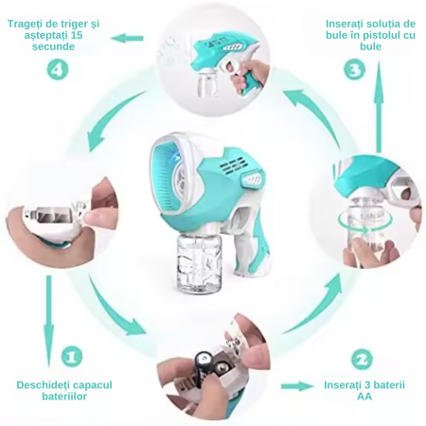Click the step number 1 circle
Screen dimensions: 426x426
tap(72, 357)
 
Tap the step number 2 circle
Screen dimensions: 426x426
tap(362, 360)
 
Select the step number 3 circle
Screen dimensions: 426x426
tap(354, 70)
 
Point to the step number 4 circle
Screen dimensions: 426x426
tap(58, 69)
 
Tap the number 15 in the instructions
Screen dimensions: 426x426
tap(77, 35)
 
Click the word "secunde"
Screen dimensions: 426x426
tap(53, 46)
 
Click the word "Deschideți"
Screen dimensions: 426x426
tap(41, 385)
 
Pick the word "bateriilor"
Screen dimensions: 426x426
tap(64, 397)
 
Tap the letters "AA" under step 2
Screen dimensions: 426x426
tap(364, 397)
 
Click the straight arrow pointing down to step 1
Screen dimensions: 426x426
tap(48, 321)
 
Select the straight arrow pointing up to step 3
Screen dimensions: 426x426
tap(379, 106)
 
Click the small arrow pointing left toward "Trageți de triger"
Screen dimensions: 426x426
tap(127, 39)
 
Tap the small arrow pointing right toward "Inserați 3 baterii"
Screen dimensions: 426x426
tap(297, 386)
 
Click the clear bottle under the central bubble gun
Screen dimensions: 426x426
tap(199, 262)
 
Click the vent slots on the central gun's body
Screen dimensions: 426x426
tap(234, 167)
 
